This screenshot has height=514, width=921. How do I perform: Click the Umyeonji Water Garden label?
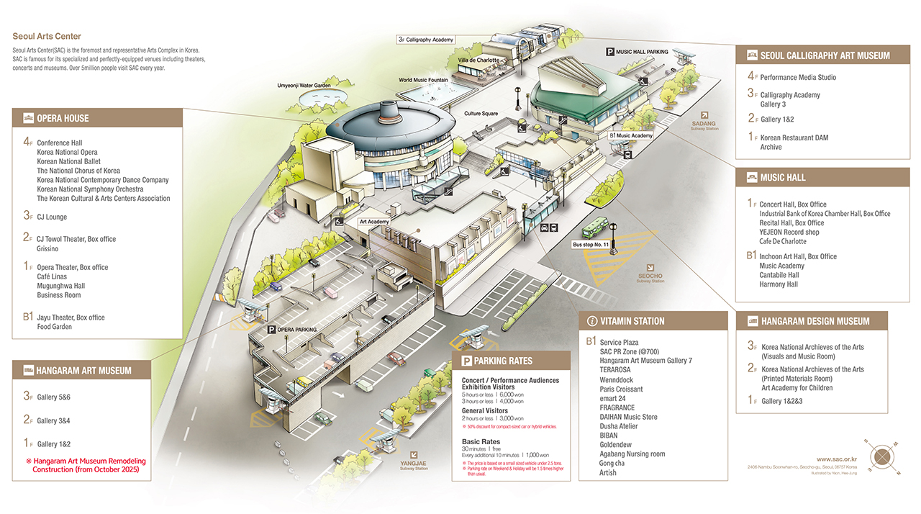[x=304, y=86]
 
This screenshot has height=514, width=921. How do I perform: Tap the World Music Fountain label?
[x=424, y=80]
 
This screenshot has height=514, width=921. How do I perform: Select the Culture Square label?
[x=481, y=114]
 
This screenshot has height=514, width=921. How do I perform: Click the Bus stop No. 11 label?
[x=591, y=245]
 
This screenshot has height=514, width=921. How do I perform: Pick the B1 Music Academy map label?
[x=631, y=135]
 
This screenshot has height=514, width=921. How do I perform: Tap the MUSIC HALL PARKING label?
[x=638, y=52]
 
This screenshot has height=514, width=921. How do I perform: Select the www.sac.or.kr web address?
[x=837, y=458]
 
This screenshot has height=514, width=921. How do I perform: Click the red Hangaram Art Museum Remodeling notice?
[x=86, y=465]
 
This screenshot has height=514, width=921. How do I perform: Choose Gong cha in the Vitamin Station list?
[x=612, y=464]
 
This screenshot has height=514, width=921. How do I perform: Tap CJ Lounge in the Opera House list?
[x=52, y=217]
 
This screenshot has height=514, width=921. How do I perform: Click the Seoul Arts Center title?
[x=47, y=36]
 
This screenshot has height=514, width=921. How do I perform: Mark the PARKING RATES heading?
[x=503, y=361]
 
